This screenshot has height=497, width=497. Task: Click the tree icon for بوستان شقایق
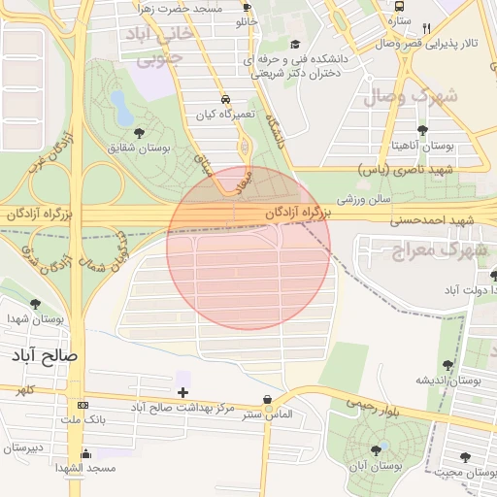pos(139,132)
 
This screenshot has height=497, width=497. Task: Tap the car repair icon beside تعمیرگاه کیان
pos(225,100)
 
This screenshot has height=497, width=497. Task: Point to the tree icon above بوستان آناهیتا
pos(422,130)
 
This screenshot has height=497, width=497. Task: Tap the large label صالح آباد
pos(44,355)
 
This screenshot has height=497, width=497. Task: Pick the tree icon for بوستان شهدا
pos(36,304)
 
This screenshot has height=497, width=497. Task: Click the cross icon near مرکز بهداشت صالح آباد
pos(182,391)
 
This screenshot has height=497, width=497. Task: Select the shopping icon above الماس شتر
pos(267,399)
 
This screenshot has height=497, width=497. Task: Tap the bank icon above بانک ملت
pos(82,405)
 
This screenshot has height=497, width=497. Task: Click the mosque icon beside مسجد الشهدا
pos(85,453)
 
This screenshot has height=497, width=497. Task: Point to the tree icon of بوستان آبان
pos(376,449)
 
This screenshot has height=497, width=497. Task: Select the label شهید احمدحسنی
pos(430,220)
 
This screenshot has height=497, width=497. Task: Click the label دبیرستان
pos(23,447)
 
